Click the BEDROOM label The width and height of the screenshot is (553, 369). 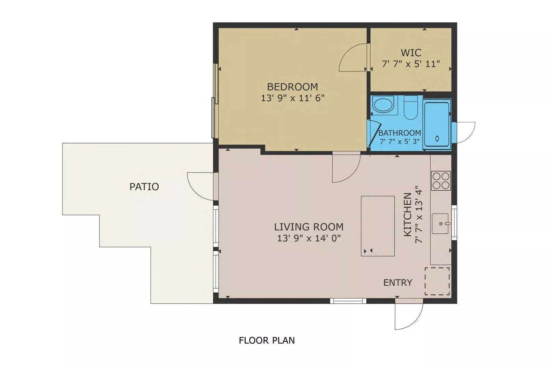click(x=292, y=87)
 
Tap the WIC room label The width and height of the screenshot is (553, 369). click(x=411, y=53)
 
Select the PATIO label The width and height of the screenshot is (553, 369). click(x=144, y=187)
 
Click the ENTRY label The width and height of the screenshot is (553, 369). click(x=398, y=283)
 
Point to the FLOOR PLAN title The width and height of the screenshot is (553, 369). click(x=267, y=340)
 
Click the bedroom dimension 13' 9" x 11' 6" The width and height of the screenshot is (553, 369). click(x=292, y=98)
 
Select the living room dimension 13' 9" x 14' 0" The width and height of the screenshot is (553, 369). click(x=309, y=238)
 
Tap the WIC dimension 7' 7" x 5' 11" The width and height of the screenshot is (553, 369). click(x=411, y=64)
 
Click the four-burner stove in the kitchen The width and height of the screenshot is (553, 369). click(x=441, y=181)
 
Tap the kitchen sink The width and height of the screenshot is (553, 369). click(x=440, y=223)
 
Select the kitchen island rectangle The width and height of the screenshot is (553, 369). click(x=378, y=226)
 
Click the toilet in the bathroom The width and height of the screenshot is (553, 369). click(x=411, y=108)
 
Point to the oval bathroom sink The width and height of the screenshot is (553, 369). click(x=383, y=105)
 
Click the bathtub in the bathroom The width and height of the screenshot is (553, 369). click(x=437, y=125)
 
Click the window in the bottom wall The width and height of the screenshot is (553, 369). click(x=348, y=301)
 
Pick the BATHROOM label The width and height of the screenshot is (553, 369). click(x=399, y=133)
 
